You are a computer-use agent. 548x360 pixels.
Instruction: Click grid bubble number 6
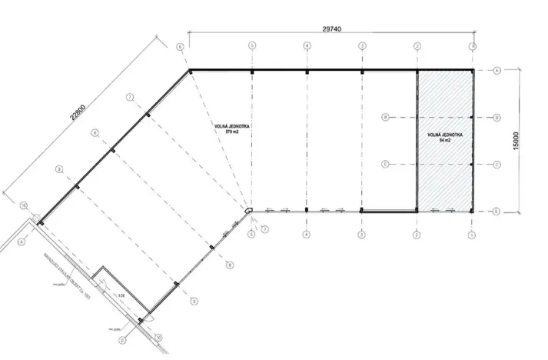[180, 47]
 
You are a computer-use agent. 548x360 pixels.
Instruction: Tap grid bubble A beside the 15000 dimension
[497, 71]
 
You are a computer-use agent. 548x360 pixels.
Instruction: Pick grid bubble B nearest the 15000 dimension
[497, 118]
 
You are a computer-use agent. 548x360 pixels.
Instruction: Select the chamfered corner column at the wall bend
[249, 208]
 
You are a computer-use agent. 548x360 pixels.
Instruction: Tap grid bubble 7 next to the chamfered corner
[264, 229]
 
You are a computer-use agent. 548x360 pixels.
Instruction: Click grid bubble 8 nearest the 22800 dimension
[95, 132]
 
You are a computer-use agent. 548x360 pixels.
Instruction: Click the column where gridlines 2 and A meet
[417, 72]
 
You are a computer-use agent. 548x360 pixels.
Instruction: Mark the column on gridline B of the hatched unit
[472, 118]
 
